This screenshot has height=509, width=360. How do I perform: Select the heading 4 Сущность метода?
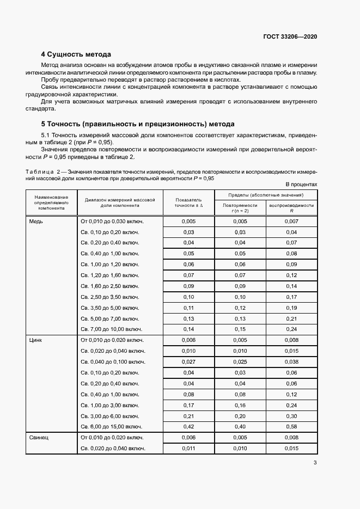tap(76, 54)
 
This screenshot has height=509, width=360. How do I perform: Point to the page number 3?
tap(315, 463)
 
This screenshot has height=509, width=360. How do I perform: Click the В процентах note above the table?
tap(301, 185)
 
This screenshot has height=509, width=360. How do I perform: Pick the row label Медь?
tap(36, 222)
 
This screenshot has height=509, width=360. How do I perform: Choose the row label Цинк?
tap(36, 340)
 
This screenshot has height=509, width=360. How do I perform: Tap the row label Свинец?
tap(39, 437)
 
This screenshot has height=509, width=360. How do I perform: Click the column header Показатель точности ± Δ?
tap(188, 203)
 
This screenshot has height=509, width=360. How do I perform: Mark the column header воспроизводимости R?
tap(291, 207)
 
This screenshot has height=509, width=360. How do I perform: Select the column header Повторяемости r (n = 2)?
tap(240, 207)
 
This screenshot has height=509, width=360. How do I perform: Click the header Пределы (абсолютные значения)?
tap(266, 194)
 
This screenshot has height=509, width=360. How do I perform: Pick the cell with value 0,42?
tap(188, 426)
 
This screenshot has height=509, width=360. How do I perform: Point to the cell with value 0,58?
tap(291, 426)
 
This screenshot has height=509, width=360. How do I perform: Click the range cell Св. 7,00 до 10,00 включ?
tap(111, 329)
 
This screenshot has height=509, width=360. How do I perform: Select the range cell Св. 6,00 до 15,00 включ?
tap(111, 426)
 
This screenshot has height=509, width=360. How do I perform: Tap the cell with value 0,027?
tap(188, 361)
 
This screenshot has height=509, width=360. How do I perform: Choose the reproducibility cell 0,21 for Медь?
tap(291, 318)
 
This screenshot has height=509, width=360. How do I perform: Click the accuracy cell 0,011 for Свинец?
tap(188, 448)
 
